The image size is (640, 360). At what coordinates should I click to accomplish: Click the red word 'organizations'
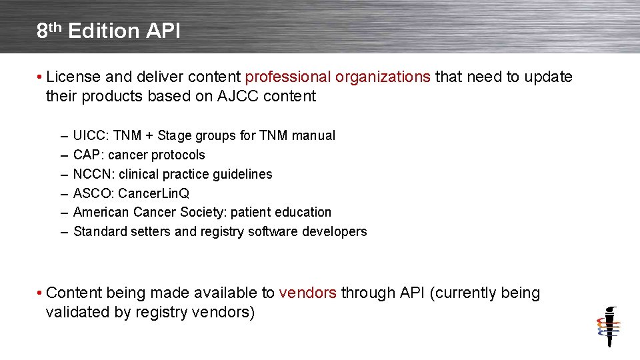(383, 77)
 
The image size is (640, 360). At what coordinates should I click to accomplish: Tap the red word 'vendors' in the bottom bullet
(307, 293)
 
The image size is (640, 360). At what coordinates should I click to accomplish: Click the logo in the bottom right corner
(608, 327)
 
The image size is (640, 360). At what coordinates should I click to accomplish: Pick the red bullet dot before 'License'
(41, 77)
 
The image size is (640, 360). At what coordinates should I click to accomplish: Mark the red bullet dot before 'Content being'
(41, 293)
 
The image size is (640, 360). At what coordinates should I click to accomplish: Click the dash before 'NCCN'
(63, 174)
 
